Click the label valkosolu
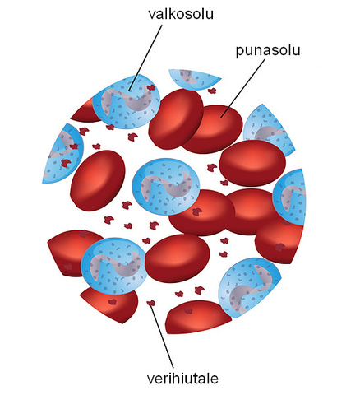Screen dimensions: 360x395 [181, 14]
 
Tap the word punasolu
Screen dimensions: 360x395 [268, 51]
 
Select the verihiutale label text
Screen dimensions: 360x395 [182, 379]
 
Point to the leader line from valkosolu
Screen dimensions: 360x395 [145, 58]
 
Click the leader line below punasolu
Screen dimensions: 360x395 [242, 88]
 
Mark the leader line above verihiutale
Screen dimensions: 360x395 [162, 336]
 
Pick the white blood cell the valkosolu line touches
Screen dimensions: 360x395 [126, 101]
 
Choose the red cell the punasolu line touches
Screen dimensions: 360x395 [212, 129]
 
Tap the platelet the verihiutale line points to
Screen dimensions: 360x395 [150, 303]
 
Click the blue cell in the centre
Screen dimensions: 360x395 [166, 187]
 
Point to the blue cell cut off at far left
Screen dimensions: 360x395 [63, 154]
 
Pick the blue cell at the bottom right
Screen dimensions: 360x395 [249, 286]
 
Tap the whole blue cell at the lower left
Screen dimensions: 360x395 [113, 266]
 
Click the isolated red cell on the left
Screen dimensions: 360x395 [98, 180]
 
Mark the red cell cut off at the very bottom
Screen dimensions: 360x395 [198, 317]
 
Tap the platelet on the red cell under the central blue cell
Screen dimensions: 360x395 [197, 211]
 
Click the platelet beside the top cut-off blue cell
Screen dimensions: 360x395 [211, 91]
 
